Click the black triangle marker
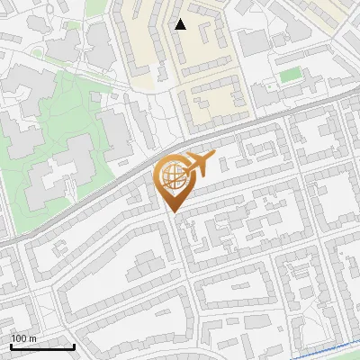pos(180,24)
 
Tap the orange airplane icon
pos(198,165)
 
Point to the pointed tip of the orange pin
pos(172,212)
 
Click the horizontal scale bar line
pos(41,346)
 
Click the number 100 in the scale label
pos(19,338)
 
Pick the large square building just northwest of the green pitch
pos(254,40)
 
